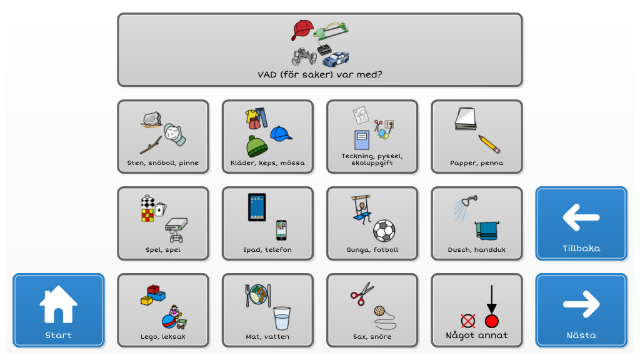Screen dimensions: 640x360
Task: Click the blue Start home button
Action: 58,310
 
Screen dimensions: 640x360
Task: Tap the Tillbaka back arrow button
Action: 581,223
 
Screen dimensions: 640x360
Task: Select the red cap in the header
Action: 302,30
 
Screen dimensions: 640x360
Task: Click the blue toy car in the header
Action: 336,59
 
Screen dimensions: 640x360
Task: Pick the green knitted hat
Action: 257,146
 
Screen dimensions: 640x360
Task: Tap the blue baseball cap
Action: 281,134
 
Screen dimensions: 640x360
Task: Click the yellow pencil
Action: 489,144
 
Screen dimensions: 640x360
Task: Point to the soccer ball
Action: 384,231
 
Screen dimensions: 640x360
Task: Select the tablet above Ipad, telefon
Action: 257,207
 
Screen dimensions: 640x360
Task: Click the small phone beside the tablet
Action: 281,230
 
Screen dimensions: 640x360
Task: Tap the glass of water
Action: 282,318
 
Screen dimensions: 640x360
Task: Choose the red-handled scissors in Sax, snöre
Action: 362,294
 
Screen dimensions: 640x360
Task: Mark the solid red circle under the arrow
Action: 492,321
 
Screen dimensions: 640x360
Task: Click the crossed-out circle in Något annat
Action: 467,321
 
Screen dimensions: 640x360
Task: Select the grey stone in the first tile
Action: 152,119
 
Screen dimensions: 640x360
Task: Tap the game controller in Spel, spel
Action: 176,237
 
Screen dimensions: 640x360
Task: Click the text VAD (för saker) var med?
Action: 320,75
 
